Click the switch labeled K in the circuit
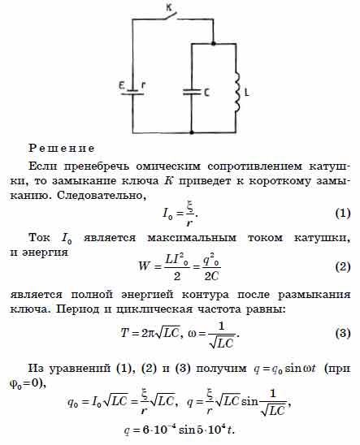click(171, 16)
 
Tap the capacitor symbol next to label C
click(192, 92)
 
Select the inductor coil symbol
click(236, 92)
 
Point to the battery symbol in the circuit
click(132, 92)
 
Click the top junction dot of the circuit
click(214, 43)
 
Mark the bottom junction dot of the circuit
click(192, 132)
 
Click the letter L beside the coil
click(247, 93)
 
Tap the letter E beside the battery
click(122, 84)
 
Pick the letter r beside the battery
click(143, 85)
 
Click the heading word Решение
click(62, 148)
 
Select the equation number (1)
click(343, 213)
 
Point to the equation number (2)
click(343, 267)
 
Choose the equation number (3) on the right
click(343, 333)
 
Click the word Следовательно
click(102, 196)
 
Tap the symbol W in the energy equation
click(144, 266)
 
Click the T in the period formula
click(125, 332)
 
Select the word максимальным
click(192, 238)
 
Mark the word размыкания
click(314, 295)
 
